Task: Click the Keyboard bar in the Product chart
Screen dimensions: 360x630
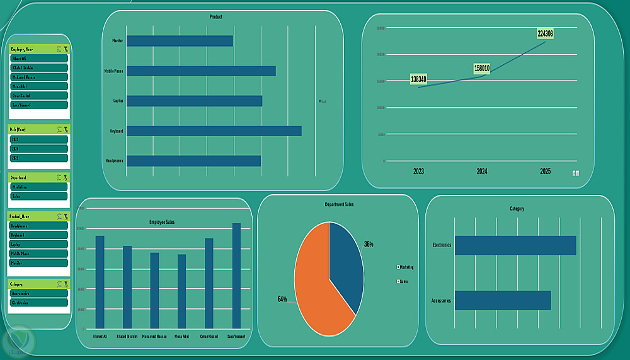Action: (214, 131)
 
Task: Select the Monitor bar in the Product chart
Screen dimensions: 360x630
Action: (180, 41)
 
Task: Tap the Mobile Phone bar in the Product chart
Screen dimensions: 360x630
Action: (201, 71)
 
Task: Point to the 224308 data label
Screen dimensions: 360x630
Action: (546, 33)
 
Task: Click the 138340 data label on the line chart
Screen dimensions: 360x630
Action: (418, 79)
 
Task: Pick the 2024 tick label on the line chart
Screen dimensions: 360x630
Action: (482, 171)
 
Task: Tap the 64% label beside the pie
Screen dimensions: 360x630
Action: (282, 299)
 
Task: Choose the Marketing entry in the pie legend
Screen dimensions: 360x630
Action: (406, 267)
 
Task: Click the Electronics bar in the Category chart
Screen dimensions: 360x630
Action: (515, 245)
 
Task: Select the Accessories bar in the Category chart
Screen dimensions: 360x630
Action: (503, 300)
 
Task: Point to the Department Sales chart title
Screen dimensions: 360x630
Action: (339, 205)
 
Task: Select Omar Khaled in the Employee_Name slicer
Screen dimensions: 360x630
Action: (38, 96)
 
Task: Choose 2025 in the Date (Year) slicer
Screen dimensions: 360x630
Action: (38, 158)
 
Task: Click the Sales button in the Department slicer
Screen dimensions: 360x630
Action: (38, 196)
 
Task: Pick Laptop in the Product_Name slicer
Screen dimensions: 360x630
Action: (38, 244)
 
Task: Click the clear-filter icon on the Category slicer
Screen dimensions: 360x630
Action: (66, 284)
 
